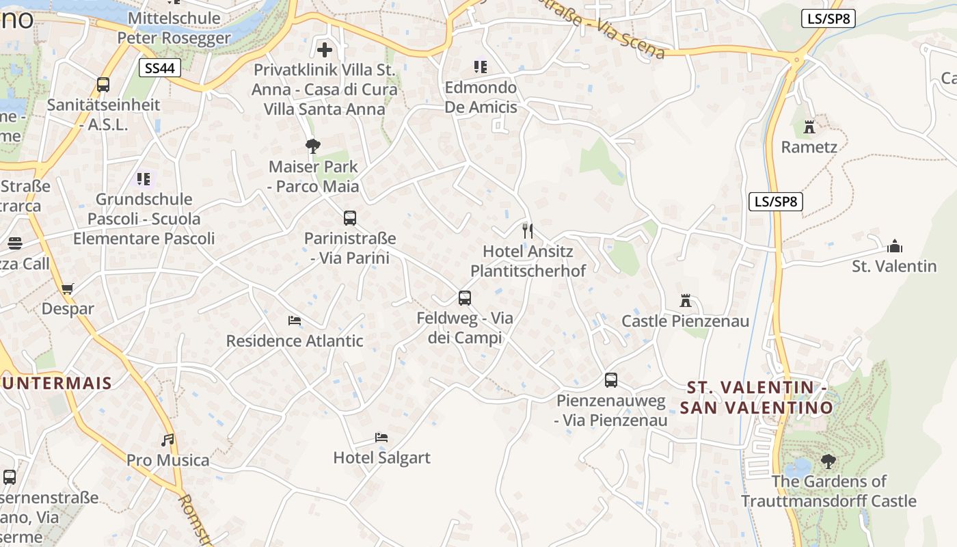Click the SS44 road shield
161,68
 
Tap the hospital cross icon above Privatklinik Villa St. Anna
325,49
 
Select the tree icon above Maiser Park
313,146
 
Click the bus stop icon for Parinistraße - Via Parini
350,218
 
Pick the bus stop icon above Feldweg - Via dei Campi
465,297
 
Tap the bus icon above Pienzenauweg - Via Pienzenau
611,380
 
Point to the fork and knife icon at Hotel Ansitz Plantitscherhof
527,230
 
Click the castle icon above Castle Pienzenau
686,300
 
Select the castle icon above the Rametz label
809,126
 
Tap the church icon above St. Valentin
894,246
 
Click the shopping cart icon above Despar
67,289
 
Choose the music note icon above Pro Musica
167,440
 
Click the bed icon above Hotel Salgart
381,437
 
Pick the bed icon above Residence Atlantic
295,320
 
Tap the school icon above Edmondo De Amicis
481,67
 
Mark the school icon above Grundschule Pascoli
144,179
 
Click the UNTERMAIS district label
57,383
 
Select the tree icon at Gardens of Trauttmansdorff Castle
828,461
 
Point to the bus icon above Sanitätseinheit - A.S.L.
103,85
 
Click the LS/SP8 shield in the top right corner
828,18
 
